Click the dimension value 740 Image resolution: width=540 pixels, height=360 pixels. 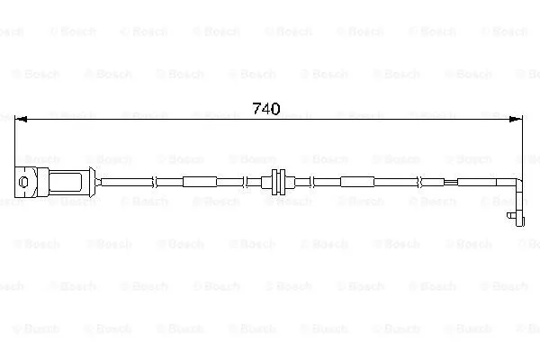(x=266, y=109)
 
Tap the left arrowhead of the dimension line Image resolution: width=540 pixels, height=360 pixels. (x=21, y=119)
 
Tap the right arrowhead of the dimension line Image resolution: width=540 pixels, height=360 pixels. (x=516, y=119)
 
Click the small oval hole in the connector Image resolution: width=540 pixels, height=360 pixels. (x=23, y=182)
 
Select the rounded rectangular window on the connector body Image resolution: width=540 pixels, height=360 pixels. (x=66, y=182)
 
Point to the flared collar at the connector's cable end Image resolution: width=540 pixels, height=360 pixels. (x=92, y=182)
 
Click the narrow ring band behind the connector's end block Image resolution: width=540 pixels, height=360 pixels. (x=42, y=182)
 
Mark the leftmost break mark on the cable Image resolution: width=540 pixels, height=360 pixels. (x=154, y=182)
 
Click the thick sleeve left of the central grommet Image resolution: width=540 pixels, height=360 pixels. (x=200, y=182)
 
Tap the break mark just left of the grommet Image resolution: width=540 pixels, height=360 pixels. (x=245, y=182)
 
